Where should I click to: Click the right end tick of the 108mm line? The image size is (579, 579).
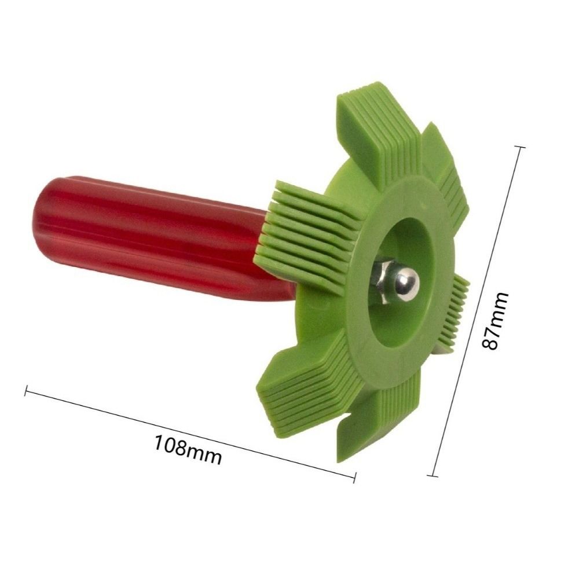point(354,476)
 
